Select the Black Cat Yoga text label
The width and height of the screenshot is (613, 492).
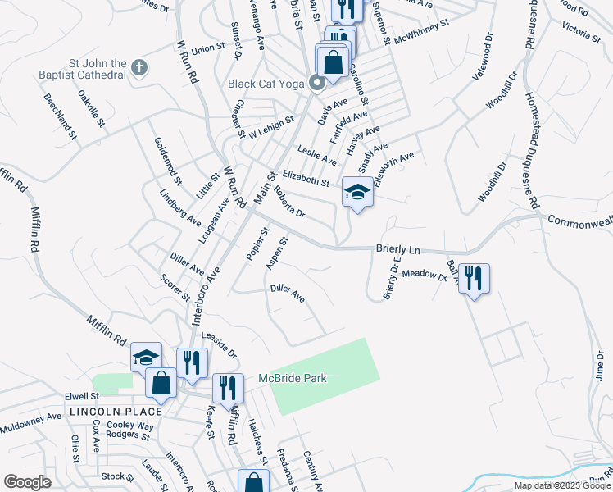pyautogui.click(x=266, y=84)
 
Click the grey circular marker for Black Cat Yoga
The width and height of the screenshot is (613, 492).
pyautogui.click(x=316, y=82)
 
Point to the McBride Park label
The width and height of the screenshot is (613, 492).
pyautogui.click(x=293, y=378)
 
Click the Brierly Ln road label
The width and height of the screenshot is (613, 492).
pyautogui.click(x=397, y=248)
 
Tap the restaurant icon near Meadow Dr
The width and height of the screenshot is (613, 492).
pyautogui.click(x=474, y=279)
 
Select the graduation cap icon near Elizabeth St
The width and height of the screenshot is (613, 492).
pyautogui.click(x=356, y=193)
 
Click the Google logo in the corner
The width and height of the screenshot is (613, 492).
pyautogui.click(x=28, y=482)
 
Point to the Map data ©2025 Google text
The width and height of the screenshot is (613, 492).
pyautogui.click(x=562, y=485)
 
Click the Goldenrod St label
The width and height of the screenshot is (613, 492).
pyautogui.click(x=166, y=161)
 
